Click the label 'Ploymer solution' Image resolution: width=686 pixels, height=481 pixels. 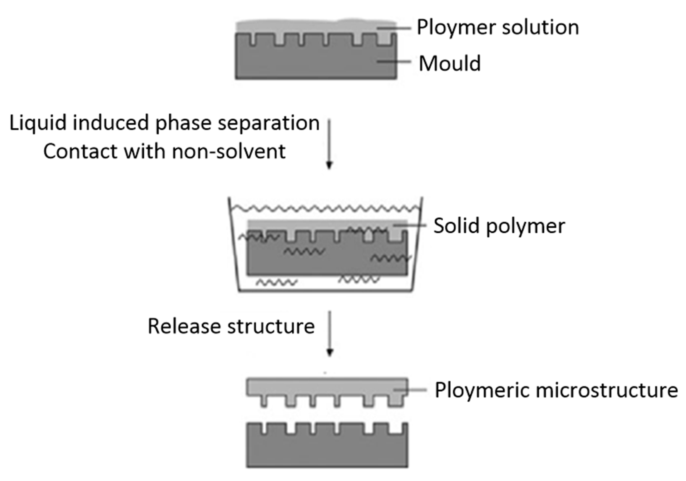[x=498, y=28]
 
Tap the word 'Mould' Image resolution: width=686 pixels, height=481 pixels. [x=450, y=64]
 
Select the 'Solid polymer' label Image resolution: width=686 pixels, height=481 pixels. [x=499, y=226]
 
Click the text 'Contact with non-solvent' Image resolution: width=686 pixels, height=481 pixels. [x=165, y=151]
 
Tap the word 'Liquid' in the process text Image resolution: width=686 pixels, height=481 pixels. [x=38, y=123]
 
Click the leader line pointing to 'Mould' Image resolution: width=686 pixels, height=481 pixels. [x=394, y=61]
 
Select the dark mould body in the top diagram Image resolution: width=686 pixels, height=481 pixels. [x=316, y=63]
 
